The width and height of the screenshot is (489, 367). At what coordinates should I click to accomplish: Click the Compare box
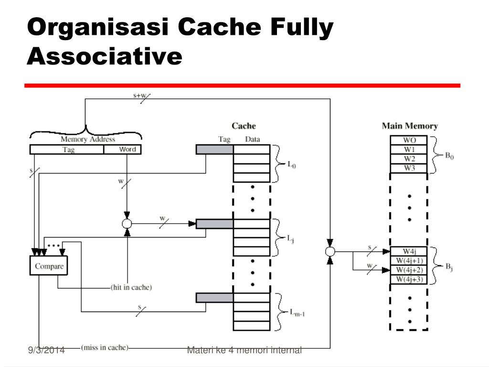pos(49,266)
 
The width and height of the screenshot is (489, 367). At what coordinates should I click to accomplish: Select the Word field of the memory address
pos(123,150)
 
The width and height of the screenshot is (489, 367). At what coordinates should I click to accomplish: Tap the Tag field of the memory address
pos(67,150)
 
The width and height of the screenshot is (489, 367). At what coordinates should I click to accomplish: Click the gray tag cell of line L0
pos(214,150)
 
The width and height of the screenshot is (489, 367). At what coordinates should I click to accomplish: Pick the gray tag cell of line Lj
pos(214,224)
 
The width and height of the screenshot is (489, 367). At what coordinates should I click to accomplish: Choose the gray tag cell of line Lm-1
pos(214,298)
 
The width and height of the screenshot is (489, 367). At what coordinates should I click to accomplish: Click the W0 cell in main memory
pos(409,140)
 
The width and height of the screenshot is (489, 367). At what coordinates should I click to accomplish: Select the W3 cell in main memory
pos(409,168)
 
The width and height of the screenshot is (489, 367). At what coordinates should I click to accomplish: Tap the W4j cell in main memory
pos(409,251)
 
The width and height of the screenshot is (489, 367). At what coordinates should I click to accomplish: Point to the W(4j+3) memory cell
pos(409,279)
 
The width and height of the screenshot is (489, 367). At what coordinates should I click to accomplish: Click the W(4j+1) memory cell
pos(409,260)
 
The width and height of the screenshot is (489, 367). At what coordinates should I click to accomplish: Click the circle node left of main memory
pos(330,251)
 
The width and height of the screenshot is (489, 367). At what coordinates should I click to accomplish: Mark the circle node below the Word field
pos(127,224)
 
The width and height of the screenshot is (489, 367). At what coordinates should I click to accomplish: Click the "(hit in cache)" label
pos(131,287)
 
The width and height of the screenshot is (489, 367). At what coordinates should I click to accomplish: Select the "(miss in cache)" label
pos(105,347)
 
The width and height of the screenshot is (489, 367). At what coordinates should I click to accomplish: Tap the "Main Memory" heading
pos(410,126)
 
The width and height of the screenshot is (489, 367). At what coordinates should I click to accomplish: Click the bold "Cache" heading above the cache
pos(244,126)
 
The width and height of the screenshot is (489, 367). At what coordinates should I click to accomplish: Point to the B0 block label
pos(449,155)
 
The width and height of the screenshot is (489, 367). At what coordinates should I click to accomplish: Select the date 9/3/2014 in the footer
pos(46,350)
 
